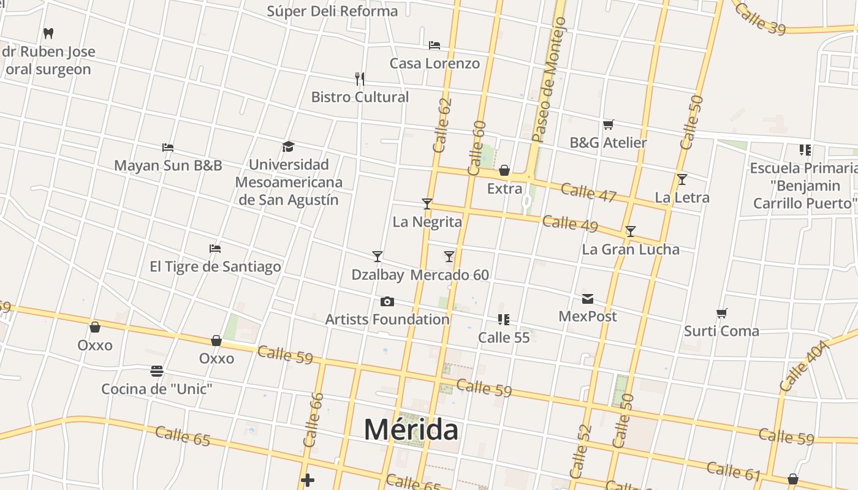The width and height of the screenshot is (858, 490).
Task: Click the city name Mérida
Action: click(411, 429)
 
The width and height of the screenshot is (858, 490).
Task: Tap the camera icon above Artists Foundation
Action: click(387, 301)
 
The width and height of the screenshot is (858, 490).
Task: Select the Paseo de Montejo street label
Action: click(549, 80)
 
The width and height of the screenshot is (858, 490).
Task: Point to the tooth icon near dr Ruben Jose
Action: click(48, 33)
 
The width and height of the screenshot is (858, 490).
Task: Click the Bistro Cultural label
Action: click(360, 97)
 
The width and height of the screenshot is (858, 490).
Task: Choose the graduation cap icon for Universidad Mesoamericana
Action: click(289, 146)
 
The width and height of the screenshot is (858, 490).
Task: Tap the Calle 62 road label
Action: click(442, 125)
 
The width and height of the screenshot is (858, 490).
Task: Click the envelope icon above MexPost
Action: click(588, 299)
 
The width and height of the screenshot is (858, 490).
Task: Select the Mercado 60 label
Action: click(450, 274)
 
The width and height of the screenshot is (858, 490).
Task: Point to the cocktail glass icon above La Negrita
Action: click(427, 203)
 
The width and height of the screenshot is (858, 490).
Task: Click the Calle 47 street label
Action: click(588, 192)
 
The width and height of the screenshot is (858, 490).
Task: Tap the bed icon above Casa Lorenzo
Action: click(435, 45)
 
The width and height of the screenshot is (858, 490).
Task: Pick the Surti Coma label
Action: click(721, 331)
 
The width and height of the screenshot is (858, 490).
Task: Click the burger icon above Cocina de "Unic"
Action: click(157, 371)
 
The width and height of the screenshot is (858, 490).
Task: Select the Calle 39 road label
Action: click(760, 18)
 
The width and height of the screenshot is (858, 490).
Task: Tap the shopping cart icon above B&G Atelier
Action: click(608, 125)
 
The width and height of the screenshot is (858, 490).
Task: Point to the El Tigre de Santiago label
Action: click(215, 266)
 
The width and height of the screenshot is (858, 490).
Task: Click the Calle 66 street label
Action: click(314, 420)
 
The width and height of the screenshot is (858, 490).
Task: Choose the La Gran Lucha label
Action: click(630, 249)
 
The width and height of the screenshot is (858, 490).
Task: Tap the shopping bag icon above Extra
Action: click(504, 170)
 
